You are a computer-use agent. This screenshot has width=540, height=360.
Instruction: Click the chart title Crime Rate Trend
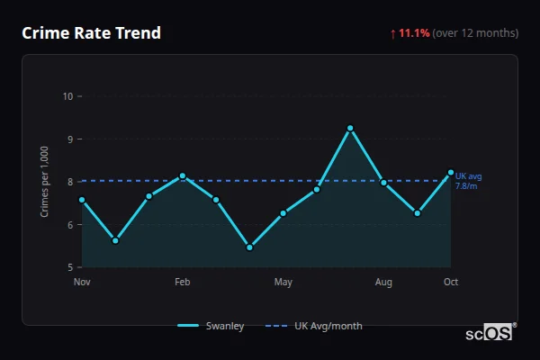coord(91,33)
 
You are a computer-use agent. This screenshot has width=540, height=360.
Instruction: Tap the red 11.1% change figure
coord(414,33)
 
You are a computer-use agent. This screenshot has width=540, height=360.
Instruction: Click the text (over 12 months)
coord(475,33)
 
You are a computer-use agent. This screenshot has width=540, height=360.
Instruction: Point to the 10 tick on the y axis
coord(67,96)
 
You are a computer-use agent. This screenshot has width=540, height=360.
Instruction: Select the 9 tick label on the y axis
coord(69,139)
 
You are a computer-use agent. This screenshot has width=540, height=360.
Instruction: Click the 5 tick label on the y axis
coord(69,267)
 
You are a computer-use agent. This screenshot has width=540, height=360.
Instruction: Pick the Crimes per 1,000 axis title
coord(44,182)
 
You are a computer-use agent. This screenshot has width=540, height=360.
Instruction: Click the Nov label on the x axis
coord(82,282)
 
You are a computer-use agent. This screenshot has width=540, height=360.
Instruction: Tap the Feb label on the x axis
coord(182,282)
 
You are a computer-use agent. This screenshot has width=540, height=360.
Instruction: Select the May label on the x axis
coord(283,282)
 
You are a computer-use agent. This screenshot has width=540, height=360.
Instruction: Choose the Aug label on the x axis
coord(383,282)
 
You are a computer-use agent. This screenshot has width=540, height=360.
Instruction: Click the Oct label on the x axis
coord(451,282)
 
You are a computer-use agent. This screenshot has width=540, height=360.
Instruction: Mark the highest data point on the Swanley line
coord(350,128)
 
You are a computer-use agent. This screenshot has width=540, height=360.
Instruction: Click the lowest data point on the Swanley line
coord(249,247)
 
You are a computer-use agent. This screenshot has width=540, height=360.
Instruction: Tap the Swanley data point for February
coord(182,175)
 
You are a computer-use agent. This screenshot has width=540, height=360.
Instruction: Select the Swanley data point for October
coord(451,172)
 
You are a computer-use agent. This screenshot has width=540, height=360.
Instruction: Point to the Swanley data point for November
coord(82,200)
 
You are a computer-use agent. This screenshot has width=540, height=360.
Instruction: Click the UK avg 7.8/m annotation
coord(469,181)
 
